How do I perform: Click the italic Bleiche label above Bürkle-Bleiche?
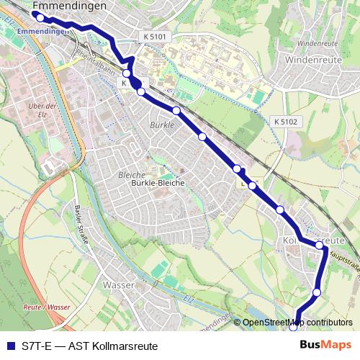click(x=132, y=175)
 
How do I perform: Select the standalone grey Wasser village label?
click(x=120, y=286)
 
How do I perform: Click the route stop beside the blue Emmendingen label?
click(x=40, y=17)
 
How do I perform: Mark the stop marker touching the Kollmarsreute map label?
click(x=320, y=246)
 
